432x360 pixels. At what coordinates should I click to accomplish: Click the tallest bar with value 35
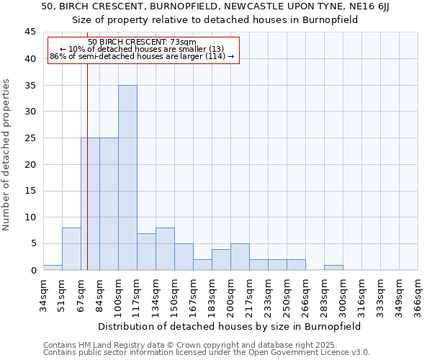[x=127, y=177]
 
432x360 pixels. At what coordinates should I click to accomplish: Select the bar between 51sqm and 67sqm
[x=71, y=248]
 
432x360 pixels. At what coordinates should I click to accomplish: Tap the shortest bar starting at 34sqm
[x=53, y=267]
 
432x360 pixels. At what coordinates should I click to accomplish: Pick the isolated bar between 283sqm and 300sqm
[x=333, y=267]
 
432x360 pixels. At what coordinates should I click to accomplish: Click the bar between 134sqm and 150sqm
[x=165, y=248]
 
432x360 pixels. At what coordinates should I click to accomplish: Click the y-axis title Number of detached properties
[x=7, y=155]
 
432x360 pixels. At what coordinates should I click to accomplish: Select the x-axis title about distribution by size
[x=230, y=326]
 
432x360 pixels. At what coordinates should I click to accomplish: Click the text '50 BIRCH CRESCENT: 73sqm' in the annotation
[x=142, y=42]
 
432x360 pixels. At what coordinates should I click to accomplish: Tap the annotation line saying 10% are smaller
[x=142, y=49]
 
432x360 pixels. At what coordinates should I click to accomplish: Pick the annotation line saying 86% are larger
[x=142, y=56]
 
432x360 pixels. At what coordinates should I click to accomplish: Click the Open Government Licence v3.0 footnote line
[x=206, y=353]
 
